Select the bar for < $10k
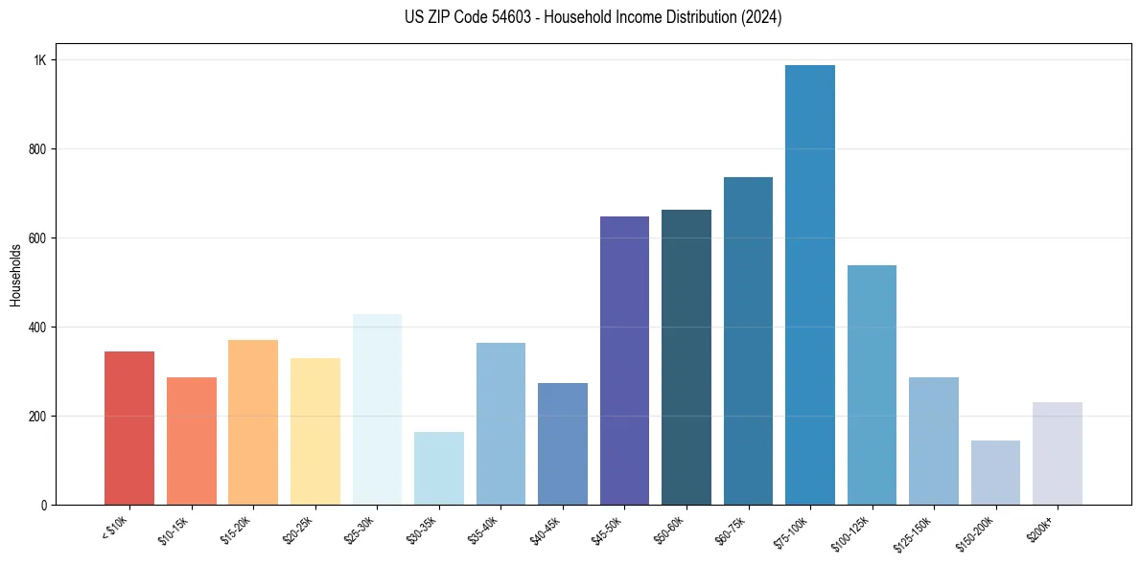(129, 428)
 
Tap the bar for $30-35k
(438, 468)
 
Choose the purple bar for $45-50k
(624, 360)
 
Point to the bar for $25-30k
(377, 409)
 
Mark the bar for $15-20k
(253, 422)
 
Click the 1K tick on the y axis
(39, 60)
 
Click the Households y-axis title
(15, 275)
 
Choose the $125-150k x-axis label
(916, 531)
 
